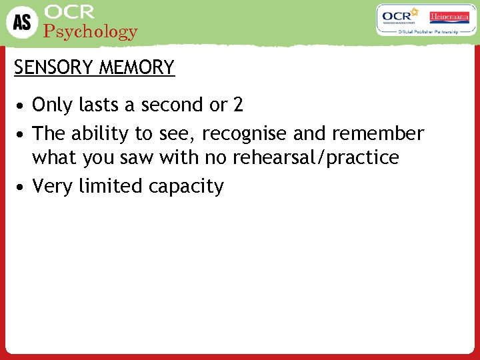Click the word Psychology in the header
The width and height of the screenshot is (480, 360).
tap(90, 31)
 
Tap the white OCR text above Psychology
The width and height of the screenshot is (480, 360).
tap(69, 12)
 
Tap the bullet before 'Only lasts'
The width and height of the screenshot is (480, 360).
tap(22, 106)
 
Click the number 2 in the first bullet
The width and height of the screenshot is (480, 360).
tap(238, 105)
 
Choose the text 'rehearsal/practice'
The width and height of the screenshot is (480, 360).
tap(315, 157)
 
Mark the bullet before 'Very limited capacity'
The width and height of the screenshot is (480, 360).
tap(22, 187)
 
